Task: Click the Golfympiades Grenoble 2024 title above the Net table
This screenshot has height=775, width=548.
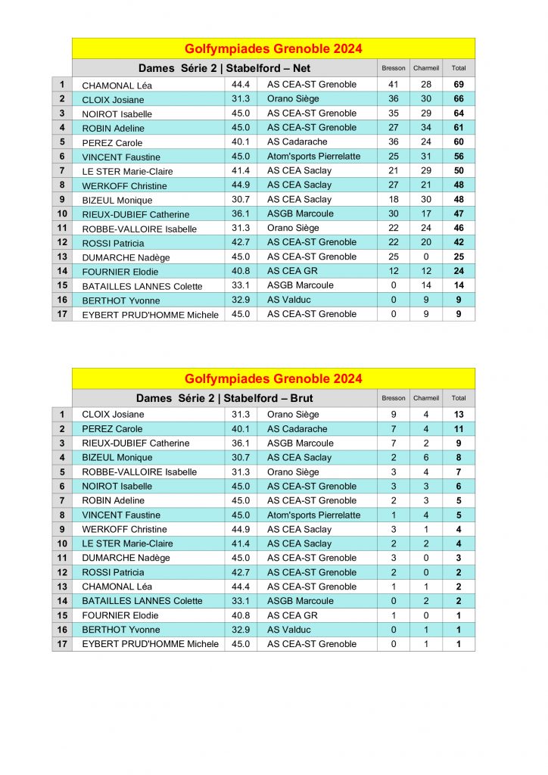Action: [x=273, y=49]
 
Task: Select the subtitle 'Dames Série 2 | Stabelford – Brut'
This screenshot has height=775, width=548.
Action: [x=224, y=398]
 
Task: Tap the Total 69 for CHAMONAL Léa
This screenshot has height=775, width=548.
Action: [x=459, y=85]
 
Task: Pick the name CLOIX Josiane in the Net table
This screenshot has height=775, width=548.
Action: [x=113, y=100]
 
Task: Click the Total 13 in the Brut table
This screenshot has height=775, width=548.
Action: [x=459, y=415]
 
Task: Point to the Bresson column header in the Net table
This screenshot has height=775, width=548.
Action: [x=394, y=68]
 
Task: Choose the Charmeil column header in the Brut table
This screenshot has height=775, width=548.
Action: [x=426, y=398]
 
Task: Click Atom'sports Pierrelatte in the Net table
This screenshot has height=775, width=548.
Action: [x=313, y=157]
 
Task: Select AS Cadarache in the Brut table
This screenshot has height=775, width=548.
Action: [x=297, y=429]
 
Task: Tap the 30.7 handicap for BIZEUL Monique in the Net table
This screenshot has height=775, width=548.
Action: [x=241, y=200]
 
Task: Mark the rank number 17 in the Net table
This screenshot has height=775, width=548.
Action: [x=62, y=314]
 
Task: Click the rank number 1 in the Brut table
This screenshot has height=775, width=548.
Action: [x=62, y=415]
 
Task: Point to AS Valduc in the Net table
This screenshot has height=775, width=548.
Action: [x=289, y=300]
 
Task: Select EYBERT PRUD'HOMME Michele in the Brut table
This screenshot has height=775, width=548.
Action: [x=150, y=644]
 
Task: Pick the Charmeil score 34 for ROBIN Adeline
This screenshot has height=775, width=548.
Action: [x=426, y=128]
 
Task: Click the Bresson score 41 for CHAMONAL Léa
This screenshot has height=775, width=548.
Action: [x=394, y=85]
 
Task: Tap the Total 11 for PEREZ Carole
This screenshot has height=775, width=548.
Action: [x=459, y=429]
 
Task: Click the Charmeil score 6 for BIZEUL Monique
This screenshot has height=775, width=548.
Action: [x=426, y=458]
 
